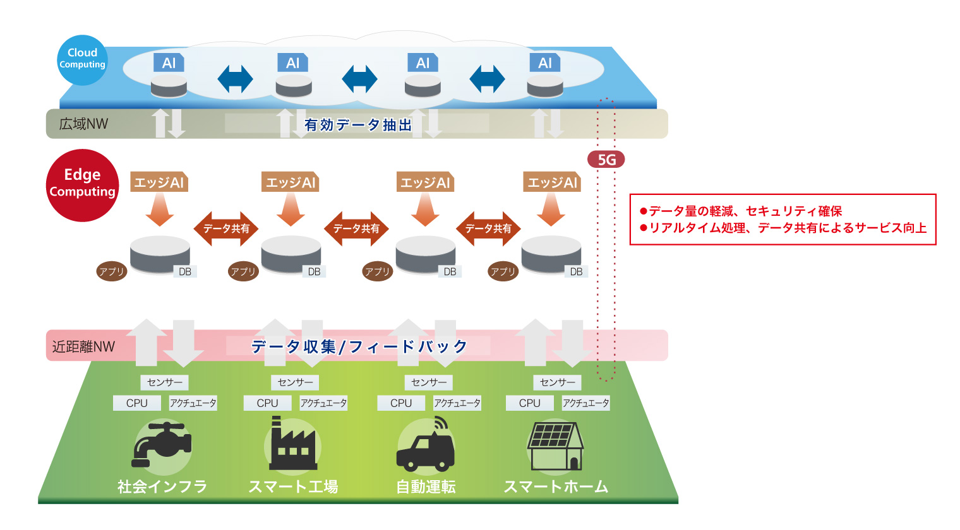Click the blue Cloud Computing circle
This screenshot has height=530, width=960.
point(82,59)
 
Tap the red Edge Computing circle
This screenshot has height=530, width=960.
point(82,184)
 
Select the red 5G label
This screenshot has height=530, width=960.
point(606,160)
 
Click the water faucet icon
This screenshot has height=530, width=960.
point(162,444)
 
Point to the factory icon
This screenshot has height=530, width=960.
point(293,447)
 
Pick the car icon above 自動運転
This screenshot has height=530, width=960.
point(425,445)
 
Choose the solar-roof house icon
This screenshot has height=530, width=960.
point(555,445)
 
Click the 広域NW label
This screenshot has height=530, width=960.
point(83,124)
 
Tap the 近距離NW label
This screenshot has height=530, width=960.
point(83,346)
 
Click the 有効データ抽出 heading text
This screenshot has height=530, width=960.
point(358,125)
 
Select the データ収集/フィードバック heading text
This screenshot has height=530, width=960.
point(359,346)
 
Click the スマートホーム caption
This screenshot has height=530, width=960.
point(556,486)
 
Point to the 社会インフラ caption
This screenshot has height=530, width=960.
point(162,486)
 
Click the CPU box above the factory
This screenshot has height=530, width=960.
point(267,403)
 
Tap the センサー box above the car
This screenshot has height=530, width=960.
point(429,382)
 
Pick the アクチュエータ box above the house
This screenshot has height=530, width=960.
point(586,403)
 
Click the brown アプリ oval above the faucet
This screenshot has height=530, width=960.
point(112,272)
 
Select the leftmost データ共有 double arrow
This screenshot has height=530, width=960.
point(226,228)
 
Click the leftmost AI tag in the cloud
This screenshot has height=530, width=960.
point(169,63)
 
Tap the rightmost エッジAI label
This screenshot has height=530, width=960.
point(552,182)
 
